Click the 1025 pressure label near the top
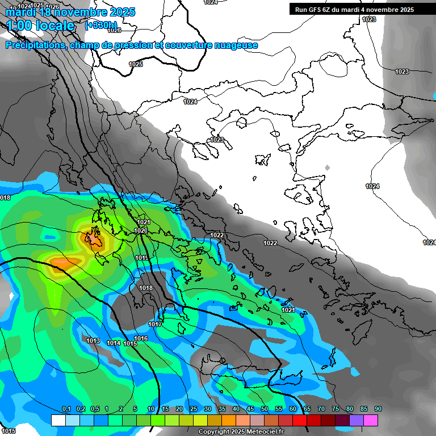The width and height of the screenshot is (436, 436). click(136, 64)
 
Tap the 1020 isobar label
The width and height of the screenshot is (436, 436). click(141, 230)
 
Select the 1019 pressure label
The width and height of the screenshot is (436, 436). click(142, 258)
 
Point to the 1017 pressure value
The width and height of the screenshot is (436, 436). click(155, 324)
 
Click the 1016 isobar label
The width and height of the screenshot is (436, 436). click(141, 339)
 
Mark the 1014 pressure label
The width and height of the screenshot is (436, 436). click(114, 343)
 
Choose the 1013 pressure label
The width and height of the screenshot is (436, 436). click(93, 341)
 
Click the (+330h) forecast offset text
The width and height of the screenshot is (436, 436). click(101, 26)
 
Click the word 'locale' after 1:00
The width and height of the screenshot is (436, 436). click(54, 26)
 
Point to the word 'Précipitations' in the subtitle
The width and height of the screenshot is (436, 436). click(34, 45)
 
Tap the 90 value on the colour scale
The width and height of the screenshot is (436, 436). click(378, 409)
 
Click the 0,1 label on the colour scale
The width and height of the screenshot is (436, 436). click(66, 409)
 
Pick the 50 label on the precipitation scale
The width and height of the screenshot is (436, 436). click(265, 409)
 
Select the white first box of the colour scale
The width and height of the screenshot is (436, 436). click(58, 420)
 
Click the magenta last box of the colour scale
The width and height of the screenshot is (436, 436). click(371, 420)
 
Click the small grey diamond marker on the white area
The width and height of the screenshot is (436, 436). click(327, 167)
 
